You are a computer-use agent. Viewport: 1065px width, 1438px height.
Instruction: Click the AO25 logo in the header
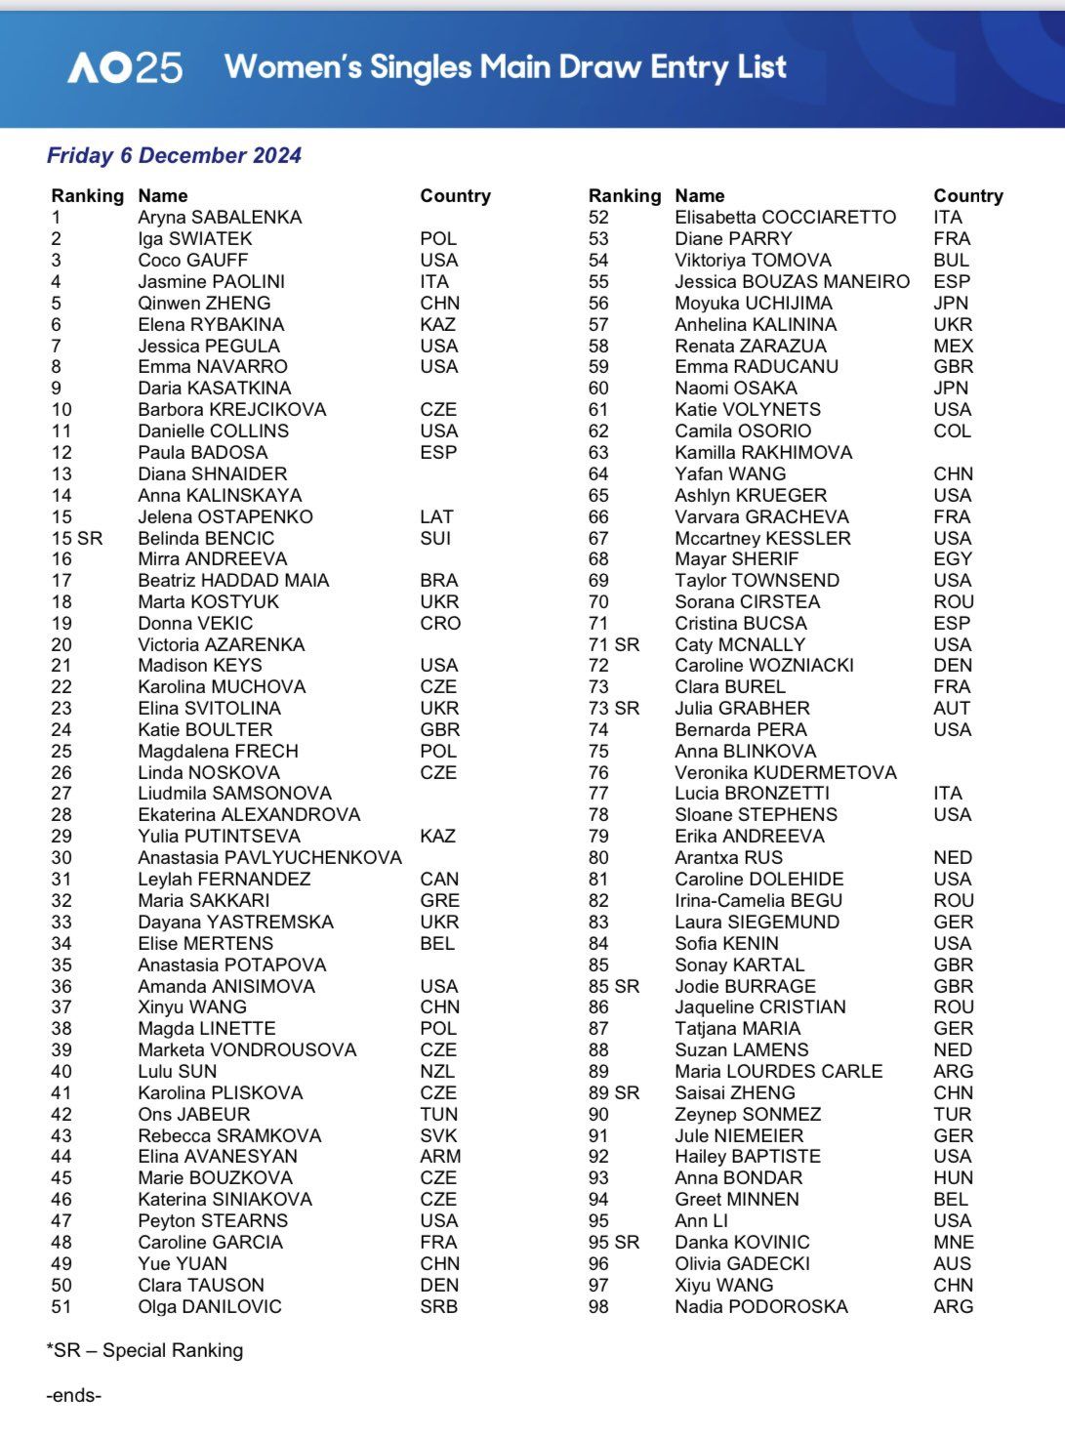click(x=125, y=67)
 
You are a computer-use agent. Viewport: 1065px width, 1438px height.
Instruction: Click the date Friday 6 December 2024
click(x=174, y=155)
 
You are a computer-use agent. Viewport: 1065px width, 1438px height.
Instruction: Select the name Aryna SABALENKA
click(x=220, y=218)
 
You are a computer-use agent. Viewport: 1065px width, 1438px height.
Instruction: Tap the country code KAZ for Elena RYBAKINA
click(x=438, y=324)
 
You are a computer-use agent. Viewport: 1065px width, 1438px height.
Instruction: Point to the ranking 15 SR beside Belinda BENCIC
click(x=76, y=538)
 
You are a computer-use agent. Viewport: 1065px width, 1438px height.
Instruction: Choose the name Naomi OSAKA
click(x=736, y=388)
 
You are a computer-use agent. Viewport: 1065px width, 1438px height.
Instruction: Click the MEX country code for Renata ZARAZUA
click(x=953, y=346)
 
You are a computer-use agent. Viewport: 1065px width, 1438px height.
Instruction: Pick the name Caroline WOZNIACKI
click(x=764, y=665)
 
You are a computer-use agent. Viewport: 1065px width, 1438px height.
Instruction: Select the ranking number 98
click(x=598, y=1306)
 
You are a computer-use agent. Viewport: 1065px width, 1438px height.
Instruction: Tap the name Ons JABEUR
click(x=194, y=1114)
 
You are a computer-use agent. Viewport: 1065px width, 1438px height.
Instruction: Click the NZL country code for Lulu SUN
click(x=438, y=1071)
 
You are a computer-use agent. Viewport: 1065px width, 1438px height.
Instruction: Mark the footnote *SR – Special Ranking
click(x=144, y=1350)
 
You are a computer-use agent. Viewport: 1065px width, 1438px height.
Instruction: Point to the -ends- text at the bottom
click(x=73, y=1395)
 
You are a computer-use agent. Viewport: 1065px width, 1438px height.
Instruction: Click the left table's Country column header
click(x=455, y=196)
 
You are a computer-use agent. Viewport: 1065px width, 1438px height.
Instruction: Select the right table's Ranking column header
click(x=625, y=196)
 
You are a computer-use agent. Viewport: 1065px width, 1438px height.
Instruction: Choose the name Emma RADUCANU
click(x=757, y=367)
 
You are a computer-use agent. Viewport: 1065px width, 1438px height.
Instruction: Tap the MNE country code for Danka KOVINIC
click(x=954, y=1242)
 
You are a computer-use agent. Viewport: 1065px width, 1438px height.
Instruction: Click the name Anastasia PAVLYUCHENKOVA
click(x=269, y=857)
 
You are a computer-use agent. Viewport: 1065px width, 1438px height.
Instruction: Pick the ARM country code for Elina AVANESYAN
click(x=440, y=1156)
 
